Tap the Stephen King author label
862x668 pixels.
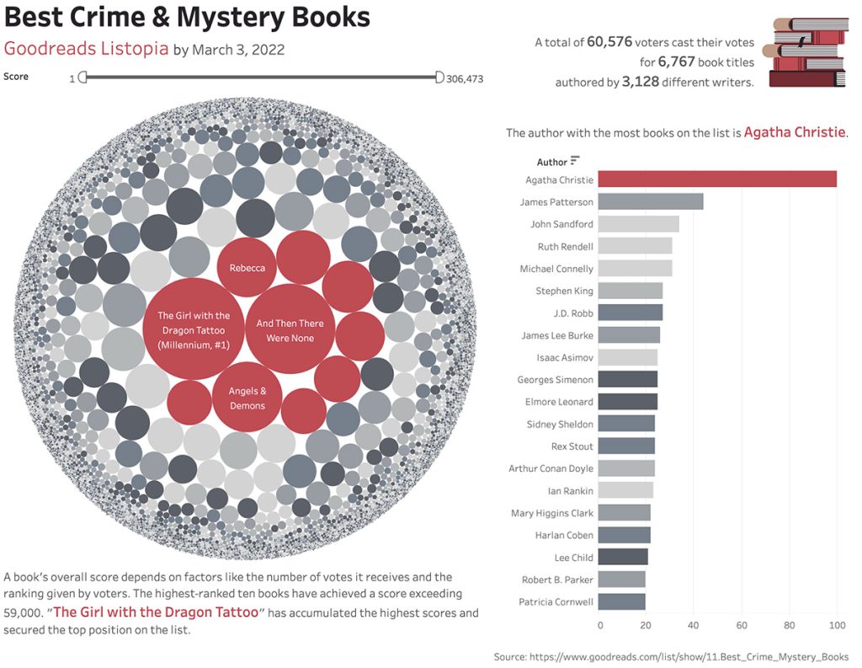tap(564, 291)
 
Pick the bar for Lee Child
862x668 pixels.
tap(624, 557)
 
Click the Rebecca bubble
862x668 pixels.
tap(247, 268)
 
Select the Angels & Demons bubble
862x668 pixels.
tap(247, 398)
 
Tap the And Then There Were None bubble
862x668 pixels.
tap(290, 330)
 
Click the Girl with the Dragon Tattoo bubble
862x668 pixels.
tap(193, 329)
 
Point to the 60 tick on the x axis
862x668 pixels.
tap(742, 625)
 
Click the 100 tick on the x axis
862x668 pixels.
tap(837, 625)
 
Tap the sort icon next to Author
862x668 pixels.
tap(575, 161)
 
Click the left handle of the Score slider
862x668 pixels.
tap(82, 77)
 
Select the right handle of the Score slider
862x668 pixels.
tap(439, 77)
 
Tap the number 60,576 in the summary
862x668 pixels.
tap(610, 41)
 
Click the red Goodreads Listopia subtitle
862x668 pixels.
tap(86, 48)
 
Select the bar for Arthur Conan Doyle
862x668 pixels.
tap(627, 468)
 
